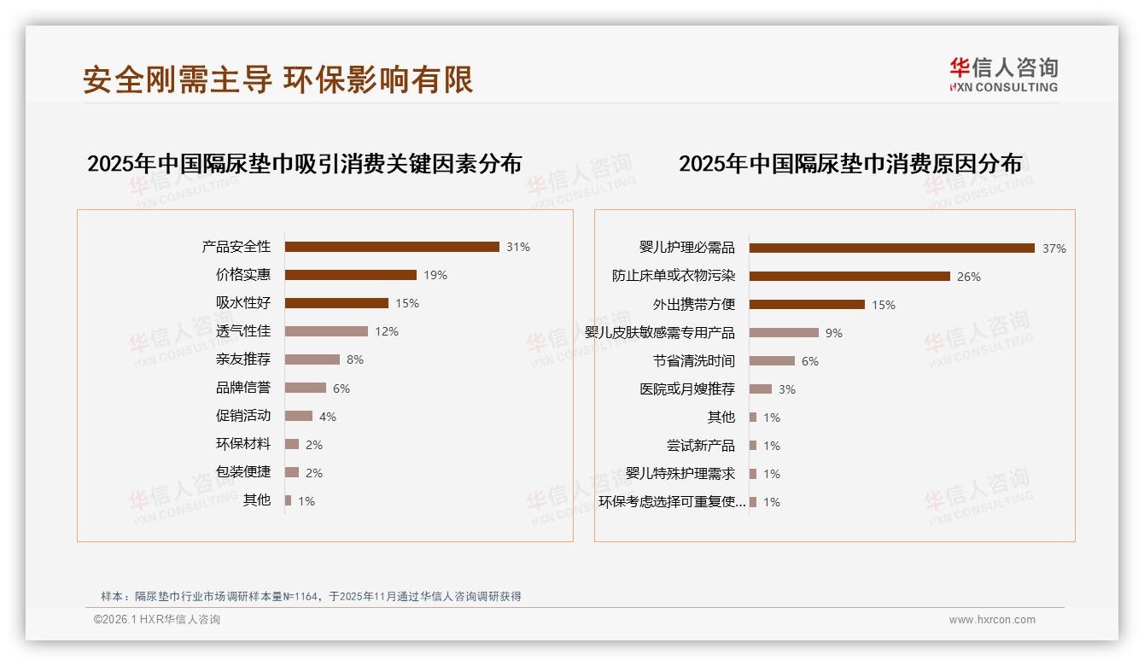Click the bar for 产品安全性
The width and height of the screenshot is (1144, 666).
click(x=392, y=247)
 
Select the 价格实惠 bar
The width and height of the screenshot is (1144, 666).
click(x=351, y=275)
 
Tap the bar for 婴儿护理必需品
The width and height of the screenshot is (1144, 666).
click(x=892, y=248)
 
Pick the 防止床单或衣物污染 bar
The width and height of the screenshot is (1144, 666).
click(x=849, y=277)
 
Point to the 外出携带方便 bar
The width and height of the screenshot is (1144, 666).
click(x=807, y=305)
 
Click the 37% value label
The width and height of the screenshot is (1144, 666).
click(x=1054, y=249)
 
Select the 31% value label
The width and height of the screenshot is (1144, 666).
click(x=518, y=248)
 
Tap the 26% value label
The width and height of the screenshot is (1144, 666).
click(x=969, y=277)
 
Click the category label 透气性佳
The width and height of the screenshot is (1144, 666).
click(x=243, y=331)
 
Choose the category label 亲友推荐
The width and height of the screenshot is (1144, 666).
click(x=243, y=359)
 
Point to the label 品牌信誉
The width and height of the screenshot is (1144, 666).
click(x=243, y=388)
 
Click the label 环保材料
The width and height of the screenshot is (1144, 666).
click(x=243, y=444)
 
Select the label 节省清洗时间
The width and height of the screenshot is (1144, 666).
click(x=694, y=361)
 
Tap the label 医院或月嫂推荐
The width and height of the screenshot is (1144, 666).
click(x=687, y=389)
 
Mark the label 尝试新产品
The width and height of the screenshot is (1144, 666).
click(x=701, y=446)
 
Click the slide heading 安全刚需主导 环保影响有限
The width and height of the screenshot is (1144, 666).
click(x=278, y=79)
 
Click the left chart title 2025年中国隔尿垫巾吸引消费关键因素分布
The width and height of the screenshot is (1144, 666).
click(x=305, y=163)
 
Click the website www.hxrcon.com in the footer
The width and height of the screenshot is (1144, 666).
click(x=992, y=620)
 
